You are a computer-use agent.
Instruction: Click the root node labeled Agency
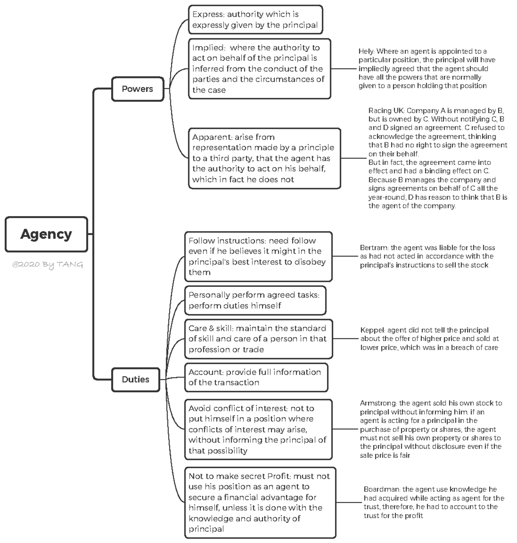coord(46,234)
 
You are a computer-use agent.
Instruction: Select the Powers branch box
coord(137,89)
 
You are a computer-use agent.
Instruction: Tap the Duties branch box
coord(136,379)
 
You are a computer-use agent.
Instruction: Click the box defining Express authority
coord(255,20)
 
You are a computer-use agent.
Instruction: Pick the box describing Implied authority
coord(259,69)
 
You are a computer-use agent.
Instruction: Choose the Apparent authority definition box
coord(264,158)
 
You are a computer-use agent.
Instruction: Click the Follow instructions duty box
coord(258,257)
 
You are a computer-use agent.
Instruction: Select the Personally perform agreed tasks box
coord(255,300)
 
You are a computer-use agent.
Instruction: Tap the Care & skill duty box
coord(258,339)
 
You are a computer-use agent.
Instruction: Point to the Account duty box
coord(256,377)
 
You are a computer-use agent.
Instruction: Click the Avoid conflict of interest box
coord(258,429)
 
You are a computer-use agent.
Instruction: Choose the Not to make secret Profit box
coord(260,503)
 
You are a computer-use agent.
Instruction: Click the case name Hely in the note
coord(366,51)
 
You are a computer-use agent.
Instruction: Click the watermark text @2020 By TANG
coord(48,264)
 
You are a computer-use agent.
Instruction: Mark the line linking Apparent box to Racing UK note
coord(354,158)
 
